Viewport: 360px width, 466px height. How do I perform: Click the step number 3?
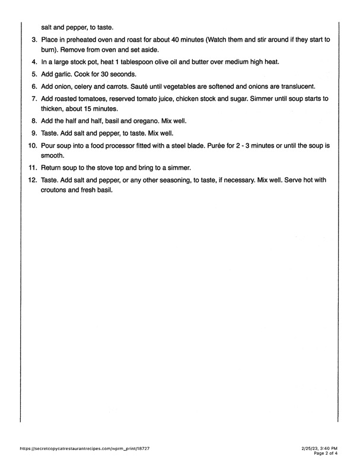pyautogui.click(x=33, y=39)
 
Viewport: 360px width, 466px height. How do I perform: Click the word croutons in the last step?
pyautogui.click(x=55, y=191)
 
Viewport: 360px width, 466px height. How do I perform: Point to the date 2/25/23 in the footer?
pyautogui.click(x=312, y=449)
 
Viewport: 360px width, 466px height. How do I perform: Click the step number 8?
pyautogui.click(x=33, y=121)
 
